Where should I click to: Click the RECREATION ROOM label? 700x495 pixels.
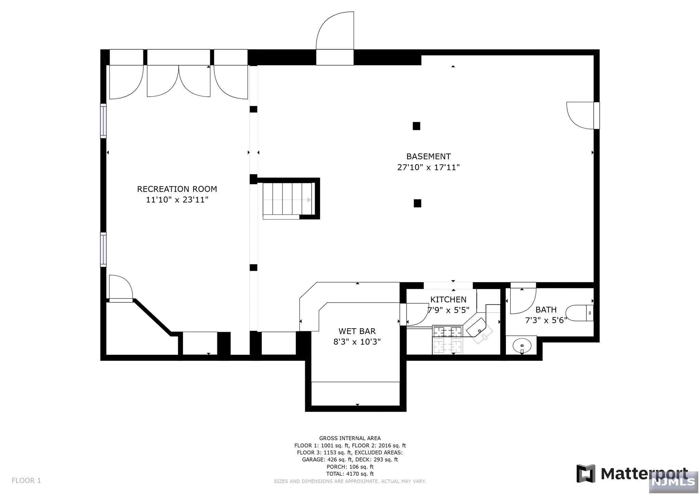click(x=177, y=189)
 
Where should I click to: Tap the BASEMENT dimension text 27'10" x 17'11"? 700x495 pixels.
click(x=428, y=167)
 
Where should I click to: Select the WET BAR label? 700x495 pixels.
click(x=357, y=331)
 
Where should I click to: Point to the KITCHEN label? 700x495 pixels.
click(x=448, y=299)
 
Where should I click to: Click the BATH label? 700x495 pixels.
click(x=546, y=310)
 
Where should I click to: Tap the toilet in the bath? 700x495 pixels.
click(x=579, y=313)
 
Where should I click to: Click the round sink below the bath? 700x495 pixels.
click(x=522, y=346)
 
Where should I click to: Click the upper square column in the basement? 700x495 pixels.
click(x=416, y=126)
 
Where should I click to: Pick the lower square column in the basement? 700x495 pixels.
click(x=417, y=203)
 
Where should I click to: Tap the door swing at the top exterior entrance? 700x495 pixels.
click(x=335, y=31)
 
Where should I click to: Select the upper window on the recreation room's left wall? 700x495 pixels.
click(x=103, y=121)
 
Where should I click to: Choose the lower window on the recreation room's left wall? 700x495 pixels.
click(x=103, y=250)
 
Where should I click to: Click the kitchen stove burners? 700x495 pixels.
click(x=447, y=340)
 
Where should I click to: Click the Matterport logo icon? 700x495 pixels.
click(x=586, y=473)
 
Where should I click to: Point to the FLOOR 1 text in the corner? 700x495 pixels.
click(x=26, y=481)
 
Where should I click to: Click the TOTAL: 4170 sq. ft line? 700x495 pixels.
click(x=350, y=474)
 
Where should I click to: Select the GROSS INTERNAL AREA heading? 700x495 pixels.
click(x=350, y=438)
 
